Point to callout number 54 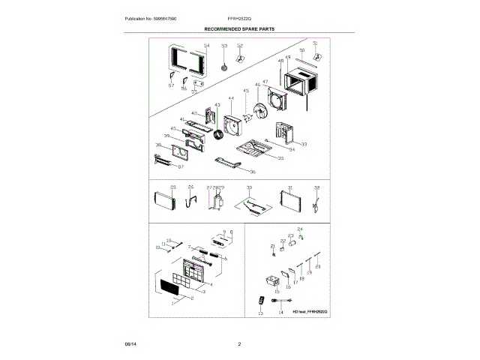pyautogui.click(x=206, y=46)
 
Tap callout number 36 pyautogui.click(x=253, y=172)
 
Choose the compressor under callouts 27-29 pyautogui.click(x=221, y=203)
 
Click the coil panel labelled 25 pyautogui.click(x=163, y=201)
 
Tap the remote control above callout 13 pyautogui.click(x=261, y=299)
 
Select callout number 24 pyautogui.click(x=300, y=228)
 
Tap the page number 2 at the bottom pyautogui.click(x=239, y=343)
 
